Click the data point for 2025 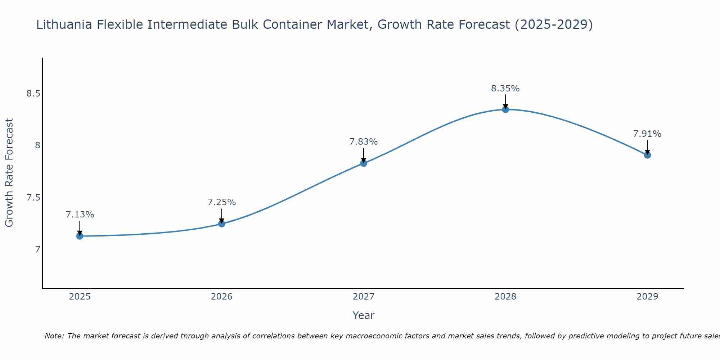pos(80,236)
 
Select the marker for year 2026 pos(222,224)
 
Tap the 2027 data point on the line pos(364,163)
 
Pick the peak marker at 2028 pos(505,109)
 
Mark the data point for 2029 pos(647,155)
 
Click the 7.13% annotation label pos(80,215)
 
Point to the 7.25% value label pos(222,202)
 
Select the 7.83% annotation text pos(364,142)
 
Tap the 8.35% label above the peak pos(505,89)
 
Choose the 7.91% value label pos(647,134)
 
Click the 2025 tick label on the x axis pos(80,297)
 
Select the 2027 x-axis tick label pos(364,297)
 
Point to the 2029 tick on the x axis pos(647,297)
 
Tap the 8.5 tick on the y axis pos(33,94)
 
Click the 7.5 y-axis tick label pos(33,198)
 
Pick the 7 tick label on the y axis pos(37,249)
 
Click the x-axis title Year pos(364,315)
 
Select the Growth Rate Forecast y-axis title pos(9,173)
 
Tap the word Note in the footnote pos(54,336)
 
